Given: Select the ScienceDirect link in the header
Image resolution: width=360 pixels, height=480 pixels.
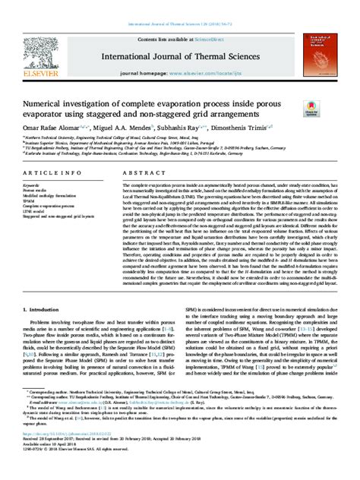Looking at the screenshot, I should point(210,37).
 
